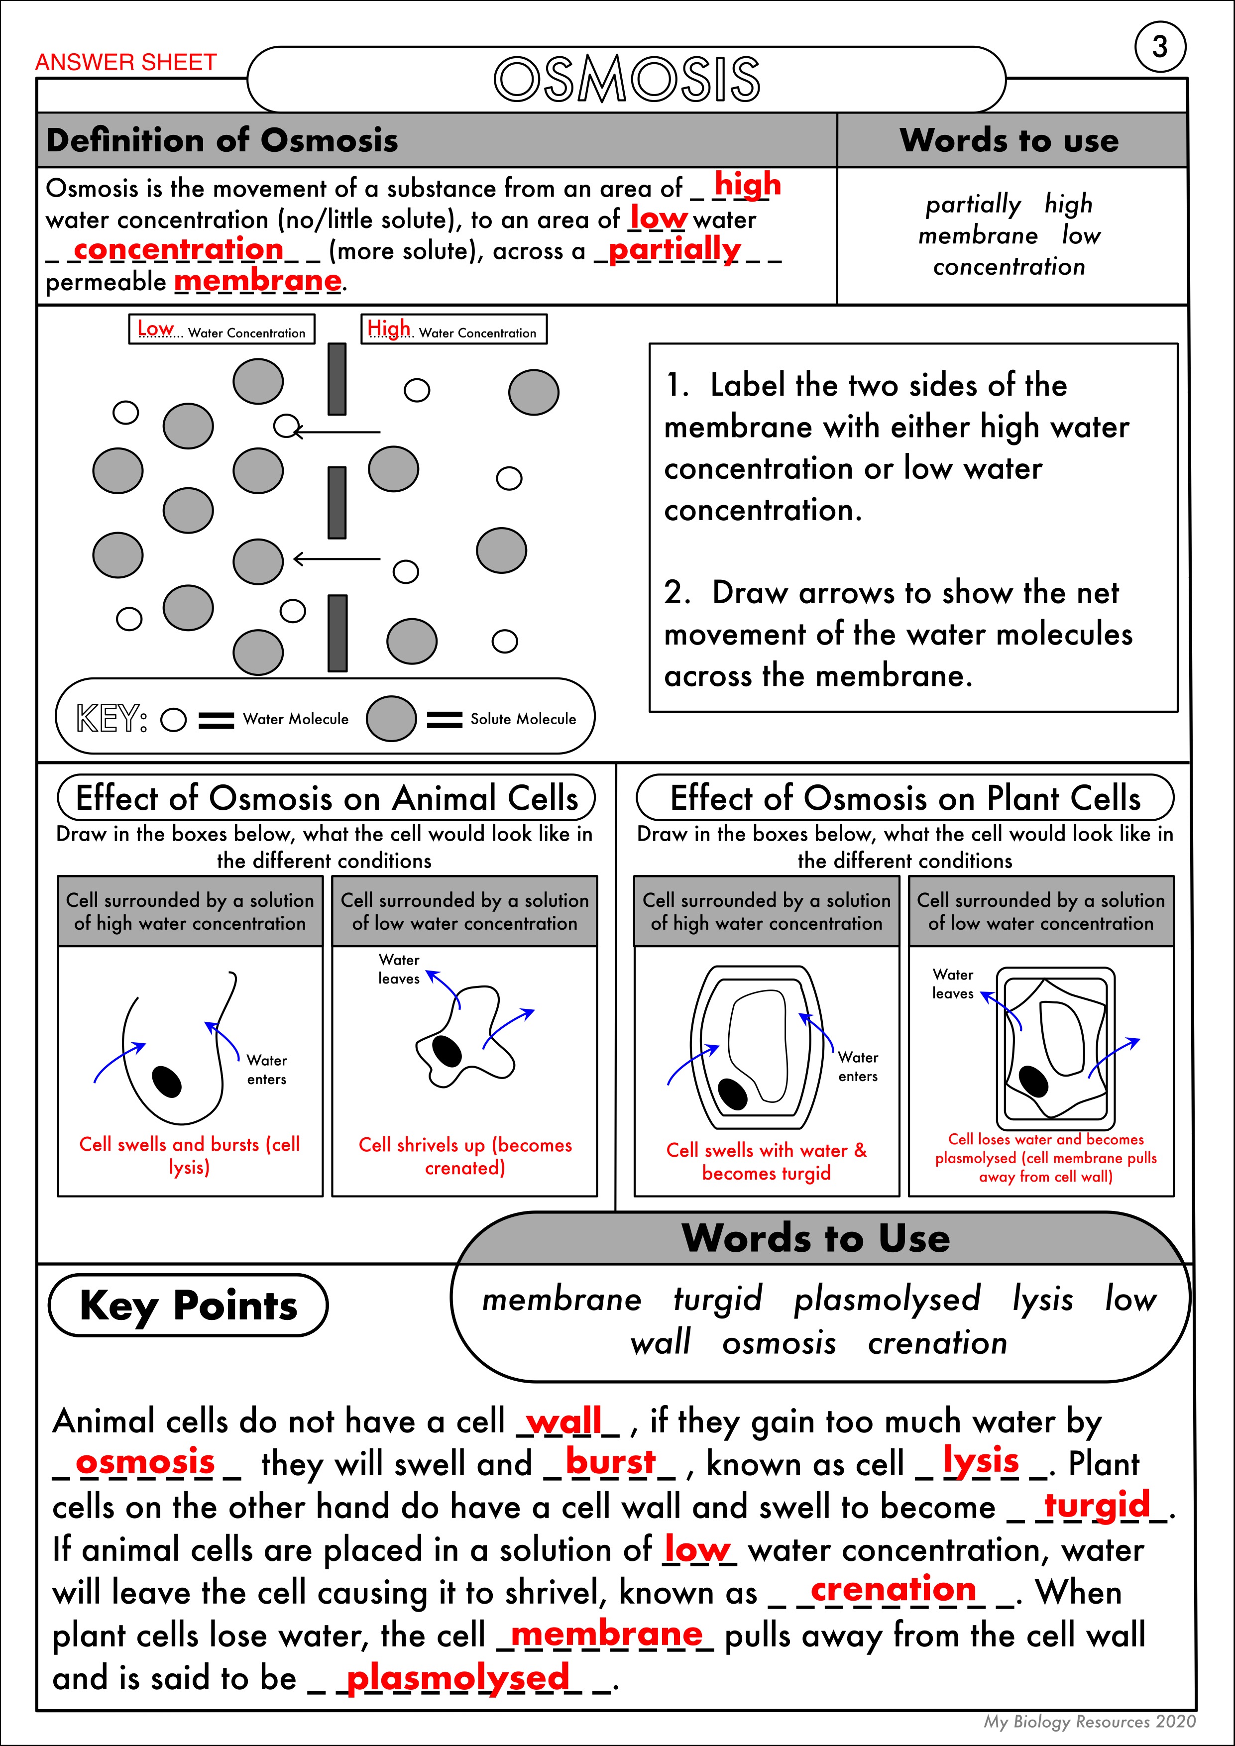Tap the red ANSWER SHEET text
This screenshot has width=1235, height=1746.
coord(126,62)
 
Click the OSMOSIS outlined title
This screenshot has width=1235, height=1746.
coord(627,79)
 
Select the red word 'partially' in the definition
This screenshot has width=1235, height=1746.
coord(674,249)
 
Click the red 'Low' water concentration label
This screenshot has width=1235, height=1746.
coord(156,328)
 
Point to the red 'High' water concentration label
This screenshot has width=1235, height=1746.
coord(388,328)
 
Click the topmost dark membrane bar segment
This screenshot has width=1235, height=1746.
coord(337,379)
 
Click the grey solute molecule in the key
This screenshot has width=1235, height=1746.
coord(391,719)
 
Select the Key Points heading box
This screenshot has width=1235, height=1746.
coord(188,1305)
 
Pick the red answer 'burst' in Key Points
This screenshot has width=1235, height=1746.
coord(610,1462)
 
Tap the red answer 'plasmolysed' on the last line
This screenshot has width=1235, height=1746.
coord(457,1677)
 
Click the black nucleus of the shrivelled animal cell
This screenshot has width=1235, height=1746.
coord(447,1051)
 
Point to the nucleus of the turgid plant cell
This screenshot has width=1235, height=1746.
coord(733,1093)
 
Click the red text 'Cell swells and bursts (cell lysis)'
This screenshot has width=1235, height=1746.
coord(189,1155)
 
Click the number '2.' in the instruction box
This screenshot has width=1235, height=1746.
coord(677,592)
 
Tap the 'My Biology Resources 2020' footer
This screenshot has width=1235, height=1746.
coord(1089,1721)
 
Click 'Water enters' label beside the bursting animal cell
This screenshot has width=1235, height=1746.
coord(266,1069)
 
